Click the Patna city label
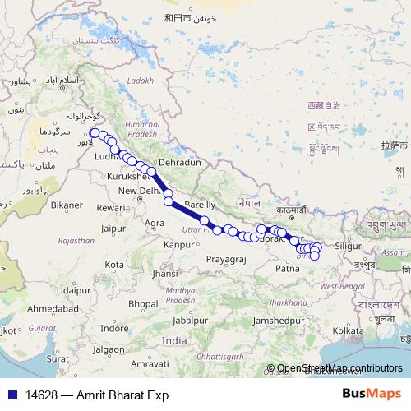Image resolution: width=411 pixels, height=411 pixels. click(x=288, y=268)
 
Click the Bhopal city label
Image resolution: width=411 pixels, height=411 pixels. click(x=142, y=303)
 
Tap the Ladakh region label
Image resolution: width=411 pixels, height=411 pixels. click(x=141, y=81)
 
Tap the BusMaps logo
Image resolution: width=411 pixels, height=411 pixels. click(x=371, y=395)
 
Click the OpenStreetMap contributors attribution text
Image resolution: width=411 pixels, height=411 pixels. click(x=338, y=369)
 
